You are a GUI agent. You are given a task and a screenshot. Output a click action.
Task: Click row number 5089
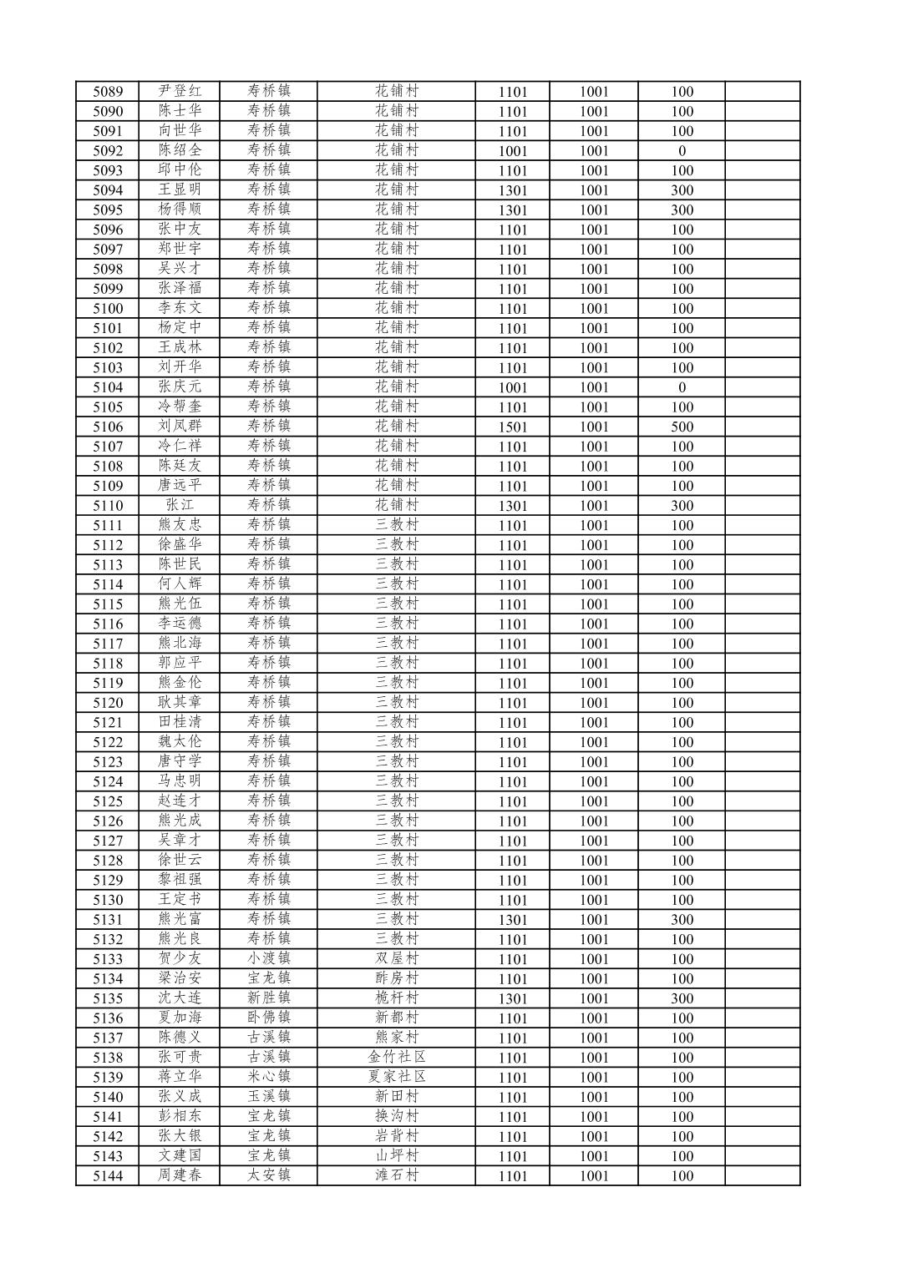[108, 92]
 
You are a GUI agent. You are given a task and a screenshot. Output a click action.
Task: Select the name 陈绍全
[180, 150]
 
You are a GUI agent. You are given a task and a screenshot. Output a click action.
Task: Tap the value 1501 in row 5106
[513, 427]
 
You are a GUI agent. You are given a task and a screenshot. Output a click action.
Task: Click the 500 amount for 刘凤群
[682, 427]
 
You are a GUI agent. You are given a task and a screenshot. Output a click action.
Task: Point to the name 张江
[180, 505]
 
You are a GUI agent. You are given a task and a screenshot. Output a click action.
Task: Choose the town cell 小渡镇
[269, 958]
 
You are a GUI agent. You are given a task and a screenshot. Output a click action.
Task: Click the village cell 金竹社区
[397, 1057]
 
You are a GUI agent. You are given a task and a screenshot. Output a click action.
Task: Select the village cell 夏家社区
[397, 1077]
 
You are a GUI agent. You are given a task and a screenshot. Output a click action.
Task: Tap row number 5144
[108, 1176]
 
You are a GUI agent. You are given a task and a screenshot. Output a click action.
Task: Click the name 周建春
[180, 1175]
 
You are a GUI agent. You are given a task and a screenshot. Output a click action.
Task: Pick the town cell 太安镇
[269, 1175]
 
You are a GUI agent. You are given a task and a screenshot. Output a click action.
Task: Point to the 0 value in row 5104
[682, 387]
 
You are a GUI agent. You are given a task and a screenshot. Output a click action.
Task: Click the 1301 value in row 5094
[513, 190]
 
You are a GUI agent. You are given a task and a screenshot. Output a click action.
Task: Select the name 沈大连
[180, 998]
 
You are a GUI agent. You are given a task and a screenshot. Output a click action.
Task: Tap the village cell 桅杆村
[397, 998]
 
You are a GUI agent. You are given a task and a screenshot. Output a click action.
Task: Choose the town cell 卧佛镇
[269, 1018]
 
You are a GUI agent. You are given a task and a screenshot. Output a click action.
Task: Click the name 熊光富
[180, 919]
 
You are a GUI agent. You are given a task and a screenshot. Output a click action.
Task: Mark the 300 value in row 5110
[682, 506]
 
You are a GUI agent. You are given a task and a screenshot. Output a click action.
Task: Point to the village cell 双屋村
[397, 958]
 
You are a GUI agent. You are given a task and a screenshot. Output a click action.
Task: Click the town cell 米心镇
[269, 1077]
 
